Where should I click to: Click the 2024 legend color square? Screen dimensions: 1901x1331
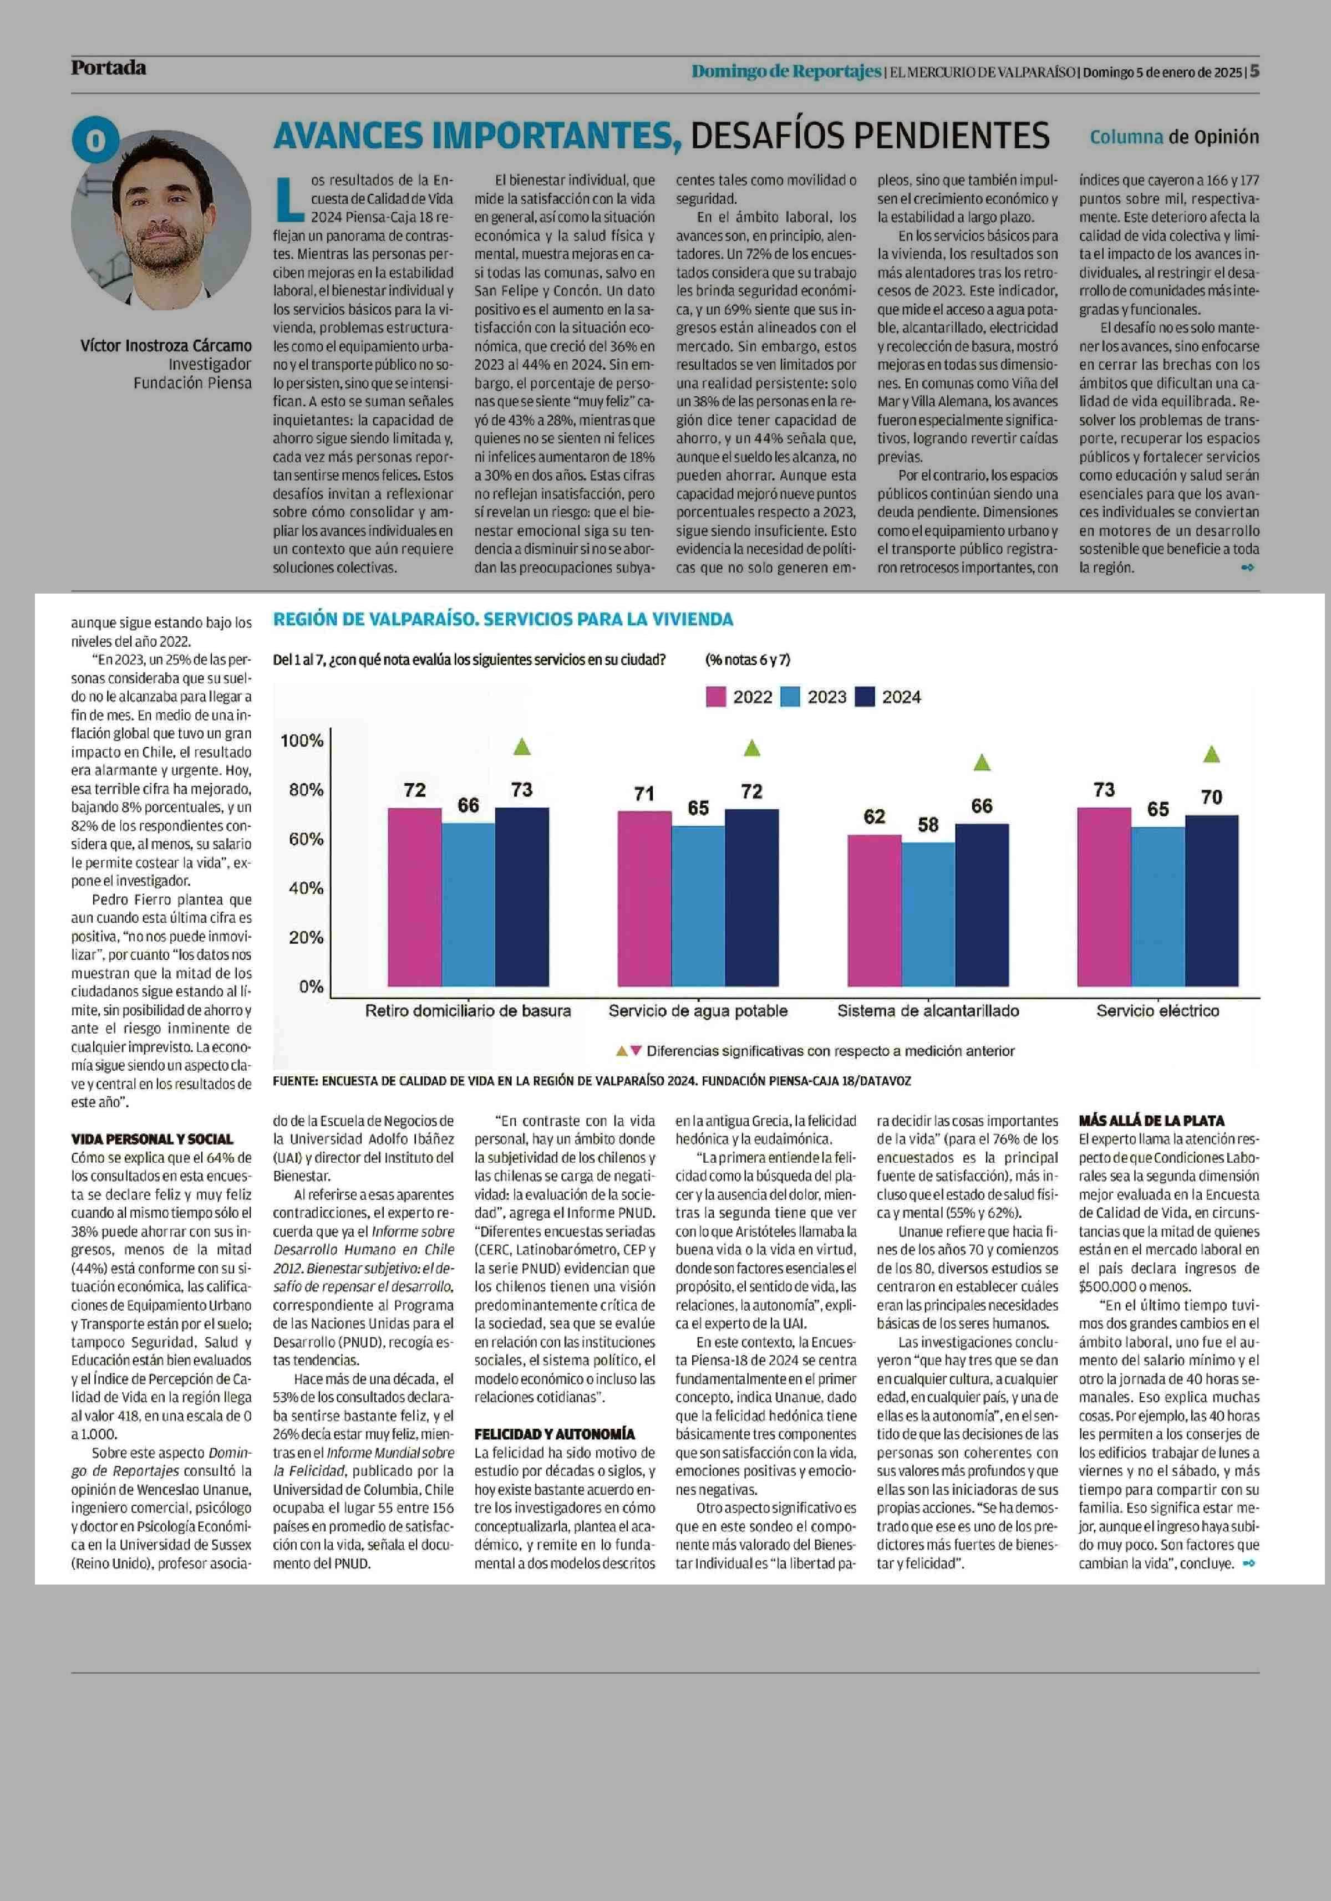point(865,697)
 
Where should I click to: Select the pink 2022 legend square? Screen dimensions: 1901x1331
point(715,697)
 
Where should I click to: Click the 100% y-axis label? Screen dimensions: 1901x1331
point(302,740)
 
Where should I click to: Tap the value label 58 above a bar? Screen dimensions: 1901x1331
point(928,825)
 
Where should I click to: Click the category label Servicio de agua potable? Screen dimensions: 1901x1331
point(697,1011)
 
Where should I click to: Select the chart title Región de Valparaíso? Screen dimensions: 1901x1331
point(503,619)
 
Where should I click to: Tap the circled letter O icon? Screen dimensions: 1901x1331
point(95,140)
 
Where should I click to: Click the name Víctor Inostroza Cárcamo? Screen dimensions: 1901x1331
point(166,345)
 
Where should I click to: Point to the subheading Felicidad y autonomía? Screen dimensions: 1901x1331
point(554,1434)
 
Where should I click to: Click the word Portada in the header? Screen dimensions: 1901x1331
point(109,68)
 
